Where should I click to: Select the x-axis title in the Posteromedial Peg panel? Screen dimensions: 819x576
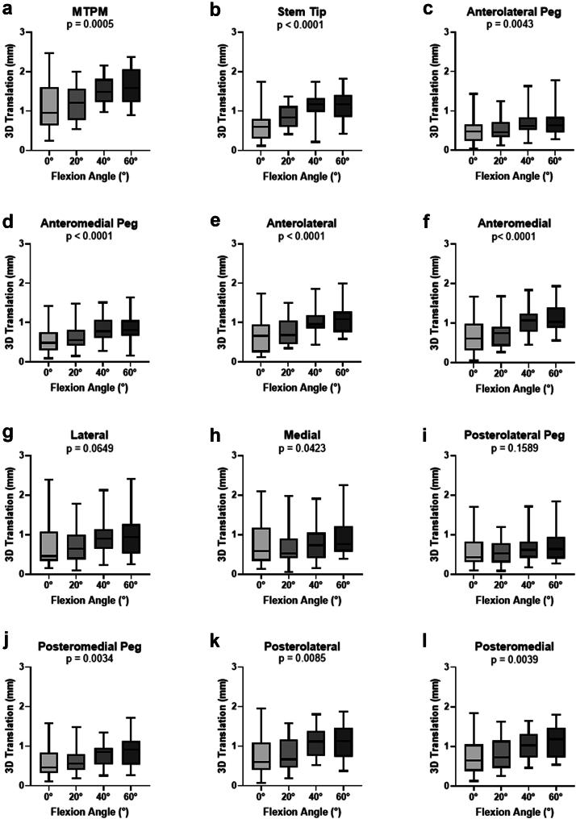click(90, 810)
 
